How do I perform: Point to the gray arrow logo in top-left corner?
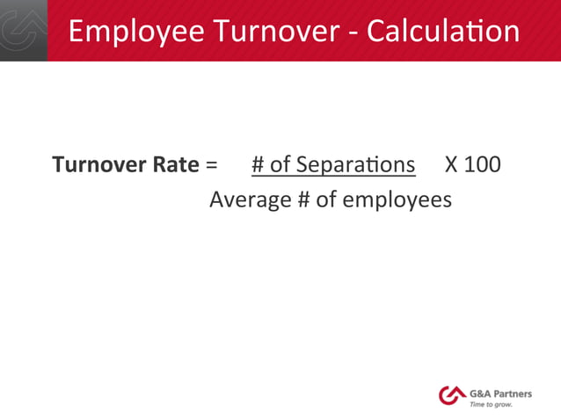tap(23, 30)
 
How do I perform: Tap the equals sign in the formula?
tap(211, 165)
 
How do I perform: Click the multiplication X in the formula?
tap(451, 165)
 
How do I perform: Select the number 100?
tap(482, 165)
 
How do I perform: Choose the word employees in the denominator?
tap(397, 201)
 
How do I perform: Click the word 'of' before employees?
tap(326, 200)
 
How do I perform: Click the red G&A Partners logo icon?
tap(452, 395)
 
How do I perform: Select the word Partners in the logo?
tap(514, 393)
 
